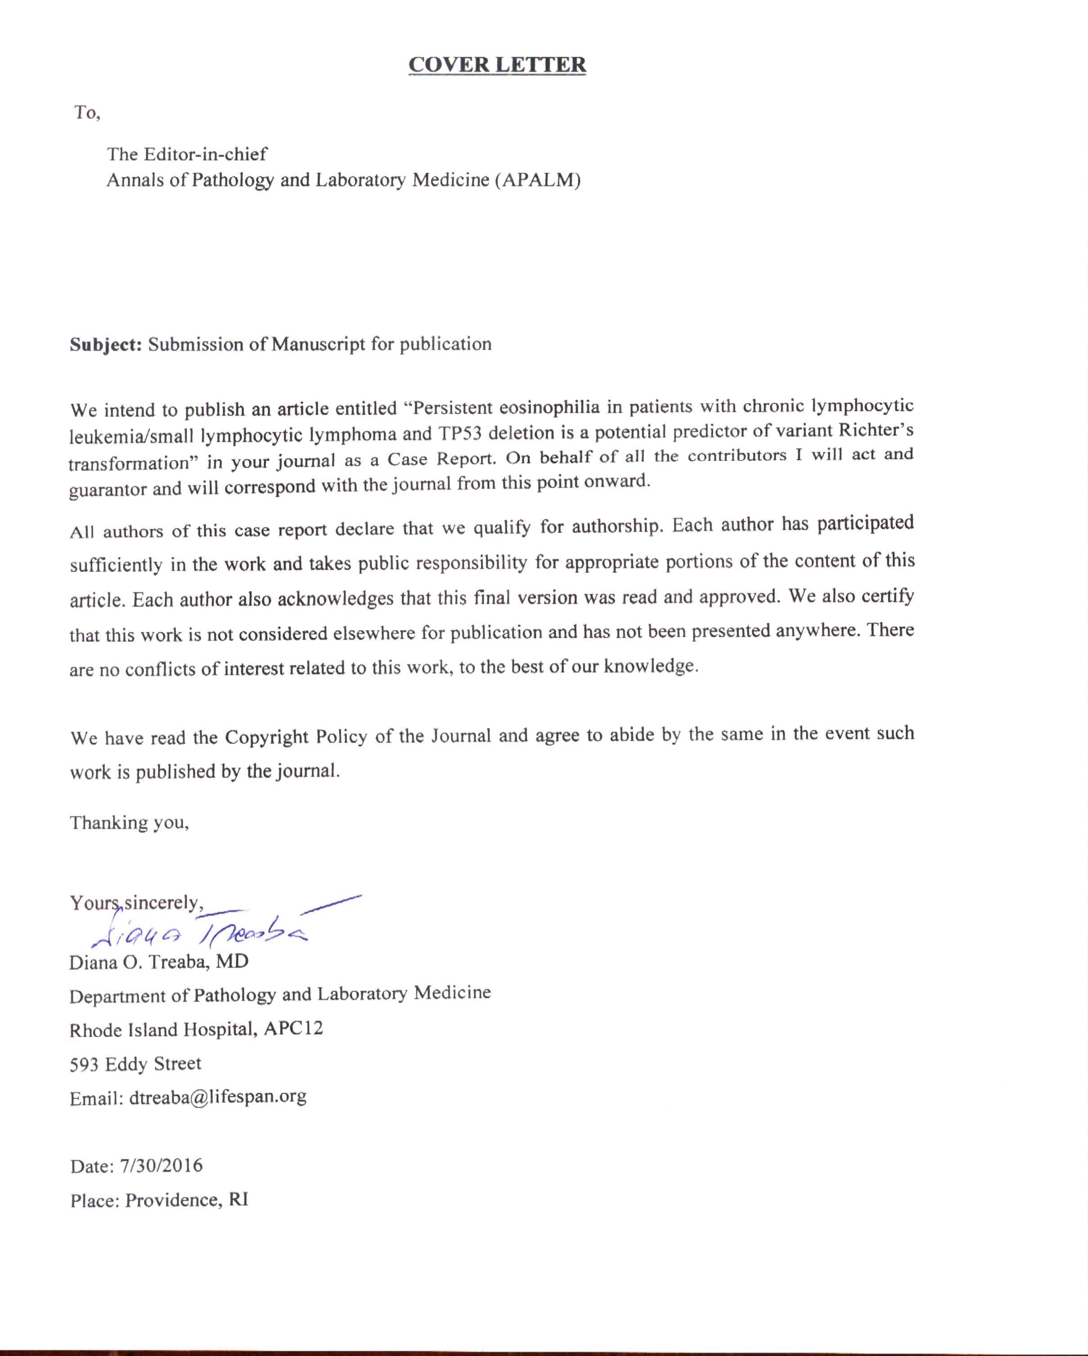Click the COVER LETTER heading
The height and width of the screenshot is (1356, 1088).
497,65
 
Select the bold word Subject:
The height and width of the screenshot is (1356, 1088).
106,345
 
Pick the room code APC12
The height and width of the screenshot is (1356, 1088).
293,1029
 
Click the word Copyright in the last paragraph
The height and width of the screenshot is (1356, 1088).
267,736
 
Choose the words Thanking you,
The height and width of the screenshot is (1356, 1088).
129,823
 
